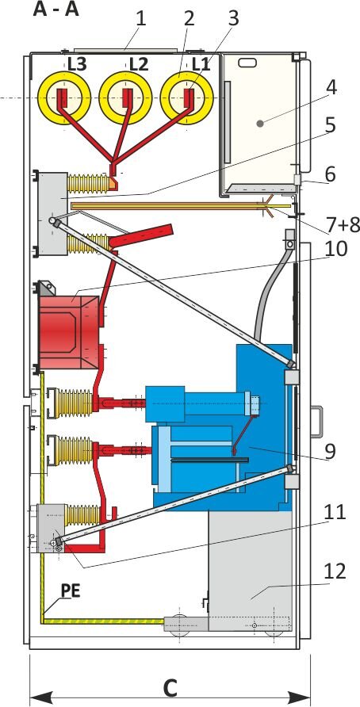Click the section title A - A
pos(56,10)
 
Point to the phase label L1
pos(201,64)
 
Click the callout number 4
pos(331,89)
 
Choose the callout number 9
pos(330,451)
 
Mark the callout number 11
pos(333,513)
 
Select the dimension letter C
pos(170,688)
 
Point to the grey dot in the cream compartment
pos(260,123)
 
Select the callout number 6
pos(330,175)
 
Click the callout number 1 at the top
pos(142,20)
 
